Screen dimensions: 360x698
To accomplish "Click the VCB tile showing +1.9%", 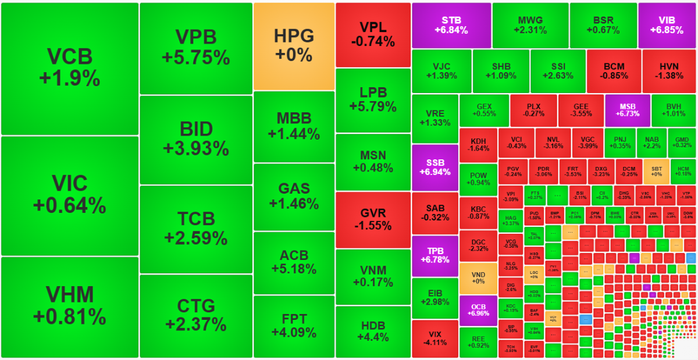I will click(x=70, y=69).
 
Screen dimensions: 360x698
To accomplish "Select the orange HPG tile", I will click(x=294, y=46).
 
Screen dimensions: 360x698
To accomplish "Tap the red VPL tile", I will click(x=373, y=34).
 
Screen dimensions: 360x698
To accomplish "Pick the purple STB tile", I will click(x=451, y=25).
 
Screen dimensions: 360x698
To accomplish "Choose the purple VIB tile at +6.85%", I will click(x=667, y=25).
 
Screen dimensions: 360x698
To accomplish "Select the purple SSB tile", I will click(x=435, y=167).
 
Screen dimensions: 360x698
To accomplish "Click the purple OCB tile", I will click(x=478, y=311).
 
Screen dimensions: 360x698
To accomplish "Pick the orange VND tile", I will click(x=478, y=278).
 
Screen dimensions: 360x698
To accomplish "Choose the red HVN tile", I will click(x=669, y=71).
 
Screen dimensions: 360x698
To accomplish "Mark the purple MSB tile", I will click(x=627, y=110).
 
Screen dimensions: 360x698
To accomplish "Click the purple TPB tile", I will click(x=435, y=255).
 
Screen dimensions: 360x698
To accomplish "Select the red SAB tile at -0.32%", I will click(x=435, y=213).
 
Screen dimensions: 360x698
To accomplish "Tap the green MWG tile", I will click(x=530, y=25).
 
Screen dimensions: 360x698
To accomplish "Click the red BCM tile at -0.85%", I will click(x=614, y=71).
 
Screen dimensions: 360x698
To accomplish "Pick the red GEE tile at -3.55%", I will click(x=581, y=110).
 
